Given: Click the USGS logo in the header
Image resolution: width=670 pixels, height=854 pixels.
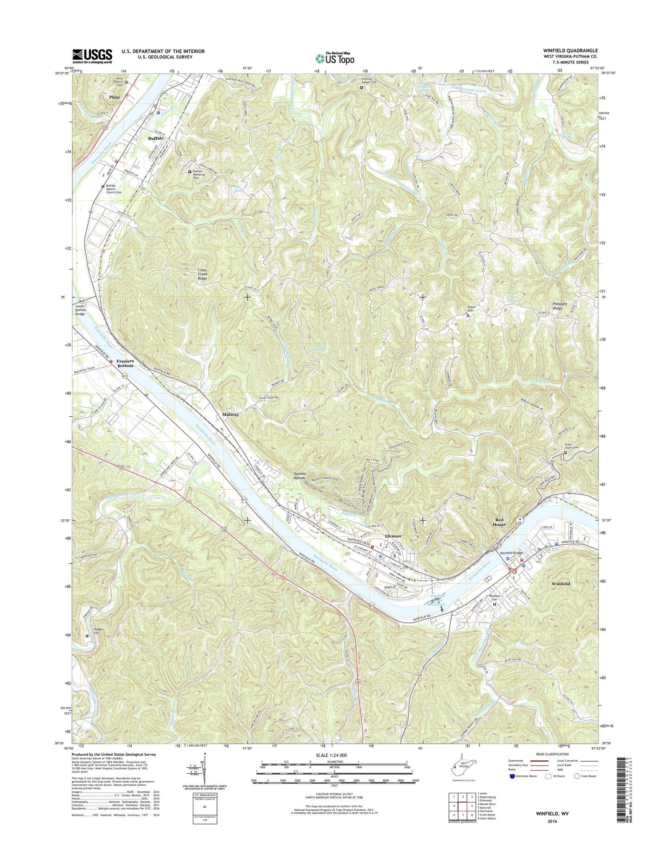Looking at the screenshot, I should click(x=92, y=56).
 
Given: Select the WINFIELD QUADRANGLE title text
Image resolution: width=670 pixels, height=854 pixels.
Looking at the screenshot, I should click(x=571, y=51).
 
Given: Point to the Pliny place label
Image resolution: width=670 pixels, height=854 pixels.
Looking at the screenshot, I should click(x=114, y=97).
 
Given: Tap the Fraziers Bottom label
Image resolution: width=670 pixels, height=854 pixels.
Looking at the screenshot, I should click(x=125, y=363).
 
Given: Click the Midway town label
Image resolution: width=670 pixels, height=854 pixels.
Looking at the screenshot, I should click(x=230, y=414).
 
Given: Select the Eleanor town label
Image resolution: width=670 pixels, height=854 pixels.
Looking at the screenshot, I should click(x=392, y=536).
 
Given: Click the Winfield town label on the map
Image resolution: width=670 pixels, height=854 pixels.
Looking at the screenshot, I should click(x=561, y=584).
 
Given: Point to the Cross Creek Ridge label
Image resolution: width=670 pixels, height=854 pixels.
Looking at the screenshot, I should click(x=202, y=274).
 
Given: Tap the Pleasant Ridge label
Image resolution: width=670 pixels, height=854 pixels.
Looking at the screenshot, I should click(x=564, y=306).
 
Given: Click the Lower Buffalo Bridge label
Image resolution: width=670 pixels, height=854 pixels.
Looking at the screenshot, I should click(x=87, y=310).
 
